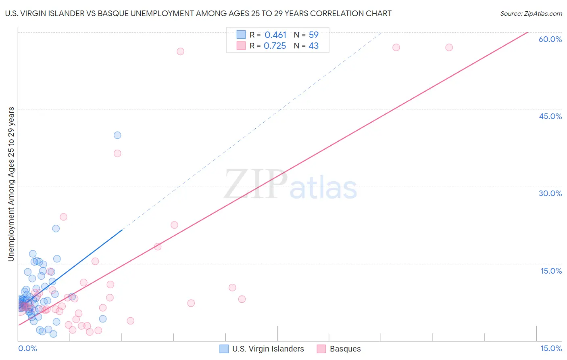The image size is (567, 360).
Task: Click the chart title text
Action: click(198, 13)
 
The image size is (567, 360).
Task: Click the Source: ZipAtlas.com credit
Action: click(531, 13)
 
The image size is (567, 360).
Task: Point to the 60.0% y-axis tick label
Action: click(550, 39)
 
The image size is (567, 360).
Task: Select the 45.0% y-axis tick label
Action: click(550, 116)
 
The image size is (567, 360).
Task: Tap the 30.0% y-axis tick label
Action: click(550, 193)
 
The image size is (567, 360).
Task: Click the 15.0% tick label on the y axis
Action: click(551, 271)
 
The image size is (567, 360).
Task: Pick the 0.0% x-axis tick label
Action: click(27, 348)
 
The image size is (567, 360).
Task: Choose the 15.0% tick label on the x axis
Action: click(551, 348)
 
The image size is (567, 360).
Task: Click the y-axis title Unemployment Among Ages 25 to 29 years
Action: click(11, 184)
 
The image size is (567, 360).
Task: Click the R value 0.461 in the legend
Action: click(275, 35)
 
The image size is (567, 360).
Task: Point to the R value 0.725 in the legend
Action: click(275, 46)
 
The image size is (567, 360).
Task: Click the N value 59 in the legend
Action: click(313, 35)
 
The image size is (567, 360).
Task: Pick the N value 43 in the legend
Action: click(313, 46)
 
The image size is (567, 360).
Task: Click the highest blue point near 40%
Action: click(117, 135)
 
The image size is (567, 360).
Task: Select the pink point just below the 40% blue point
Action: click(117, 153)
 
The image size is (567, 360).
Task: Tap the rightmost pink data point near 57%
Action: click(449, 47)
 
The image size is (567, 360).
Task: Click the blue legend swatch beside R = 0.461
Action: click(241, 35)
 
